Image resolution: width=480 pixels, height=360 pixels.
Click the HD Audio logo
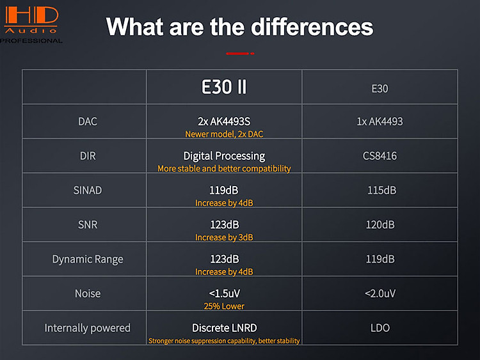[31, 24]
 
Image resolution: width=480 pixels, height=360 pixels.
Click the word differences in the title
[312, 27]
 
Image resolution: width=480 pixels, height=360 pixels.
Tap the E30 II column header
[224, 87]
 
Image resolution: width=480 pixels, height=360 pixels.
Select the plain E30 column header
[380, 89]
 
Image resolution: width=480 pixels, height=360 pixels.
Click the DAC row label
[88, 121]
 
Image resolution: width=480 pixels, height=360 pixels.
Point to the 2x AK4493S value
[224, 121]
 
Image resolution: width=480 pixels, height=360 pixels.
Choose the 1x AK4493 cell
[380, 121]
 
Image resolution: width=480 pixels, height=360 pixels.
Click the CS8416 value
[380, 156]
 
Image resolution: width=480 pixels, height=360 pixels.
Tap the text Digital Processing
[224, 156]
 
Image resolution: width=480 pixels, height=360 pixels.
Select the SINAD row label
[88, 191]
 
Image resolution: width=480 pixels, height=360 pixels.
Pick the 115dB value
[381, 191]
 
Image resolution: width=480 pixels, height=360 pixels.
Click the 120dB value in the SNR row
[380, 225]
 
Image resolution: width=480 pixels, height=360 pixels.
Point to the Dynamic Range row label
[88, 260]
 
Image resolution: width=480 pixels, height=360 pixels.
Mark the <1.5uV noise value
[225, 293]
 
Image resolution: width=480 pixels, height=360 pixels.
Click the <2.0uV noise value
[380, 293]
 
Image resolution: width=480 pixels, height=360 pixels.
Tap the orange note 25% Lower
[224, 306]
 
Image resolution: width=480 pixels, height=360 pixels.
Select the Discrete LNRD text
[225, 328]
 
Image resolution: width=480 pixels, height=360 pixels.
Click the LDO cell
[380, 328]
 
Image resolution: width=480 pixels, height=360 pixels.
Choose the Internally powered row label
[88, 328]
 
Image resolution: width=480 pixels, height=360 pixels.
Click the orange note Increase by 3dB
[224, 237]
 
